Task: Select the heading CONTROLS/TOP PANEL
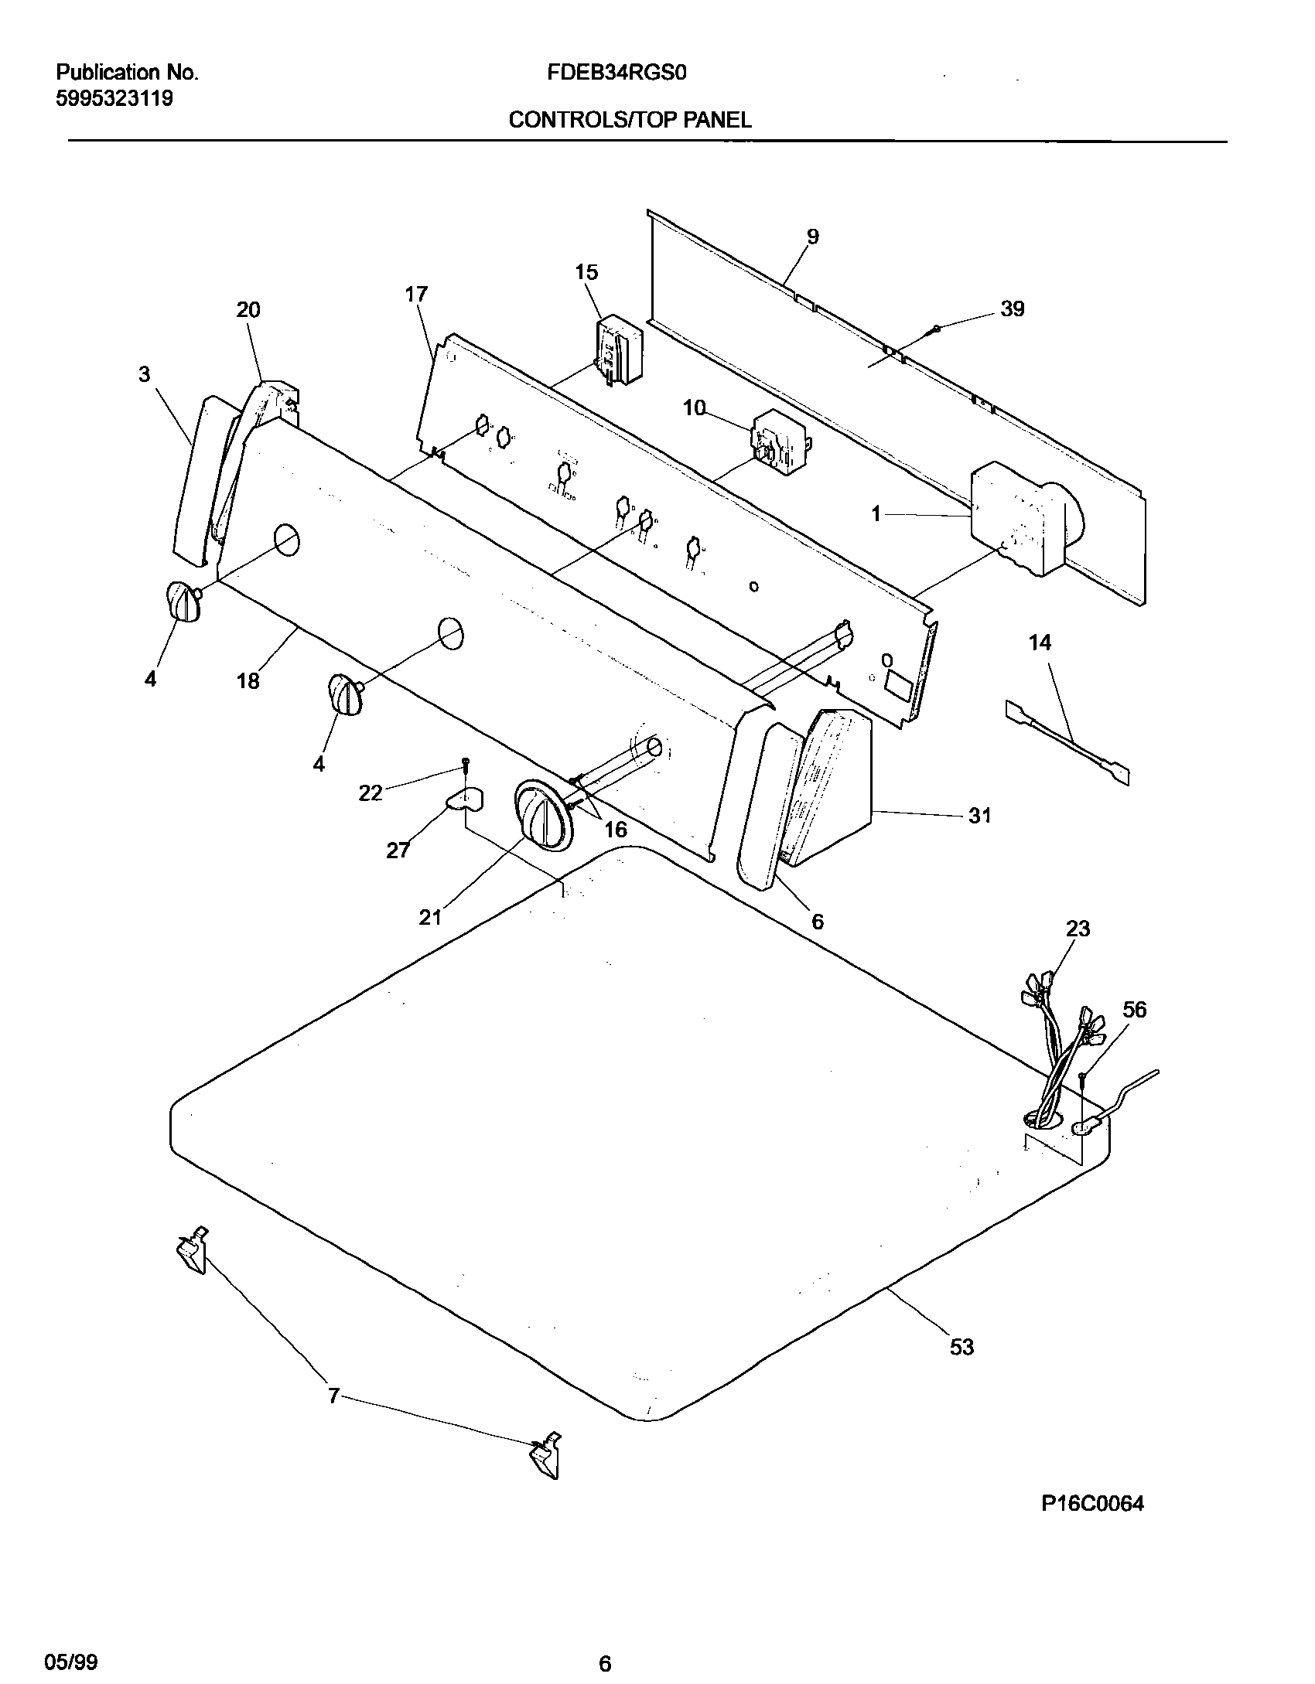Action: (x=630, y=120)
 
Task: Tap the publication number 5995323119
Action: (x=114, y=99)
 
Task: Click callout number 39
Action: (x=1012, y=309)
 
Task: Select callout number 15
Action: (x=586, y=272)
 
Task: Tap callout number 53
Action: (x=961, y=1347)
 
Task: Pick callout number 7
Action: (x=333, y=1396)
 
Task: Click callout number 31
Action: (x=980, y=816)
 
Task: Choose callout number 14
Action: (x=1040, y=643)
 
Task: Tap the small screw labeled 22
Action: (x=466, y=763)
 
